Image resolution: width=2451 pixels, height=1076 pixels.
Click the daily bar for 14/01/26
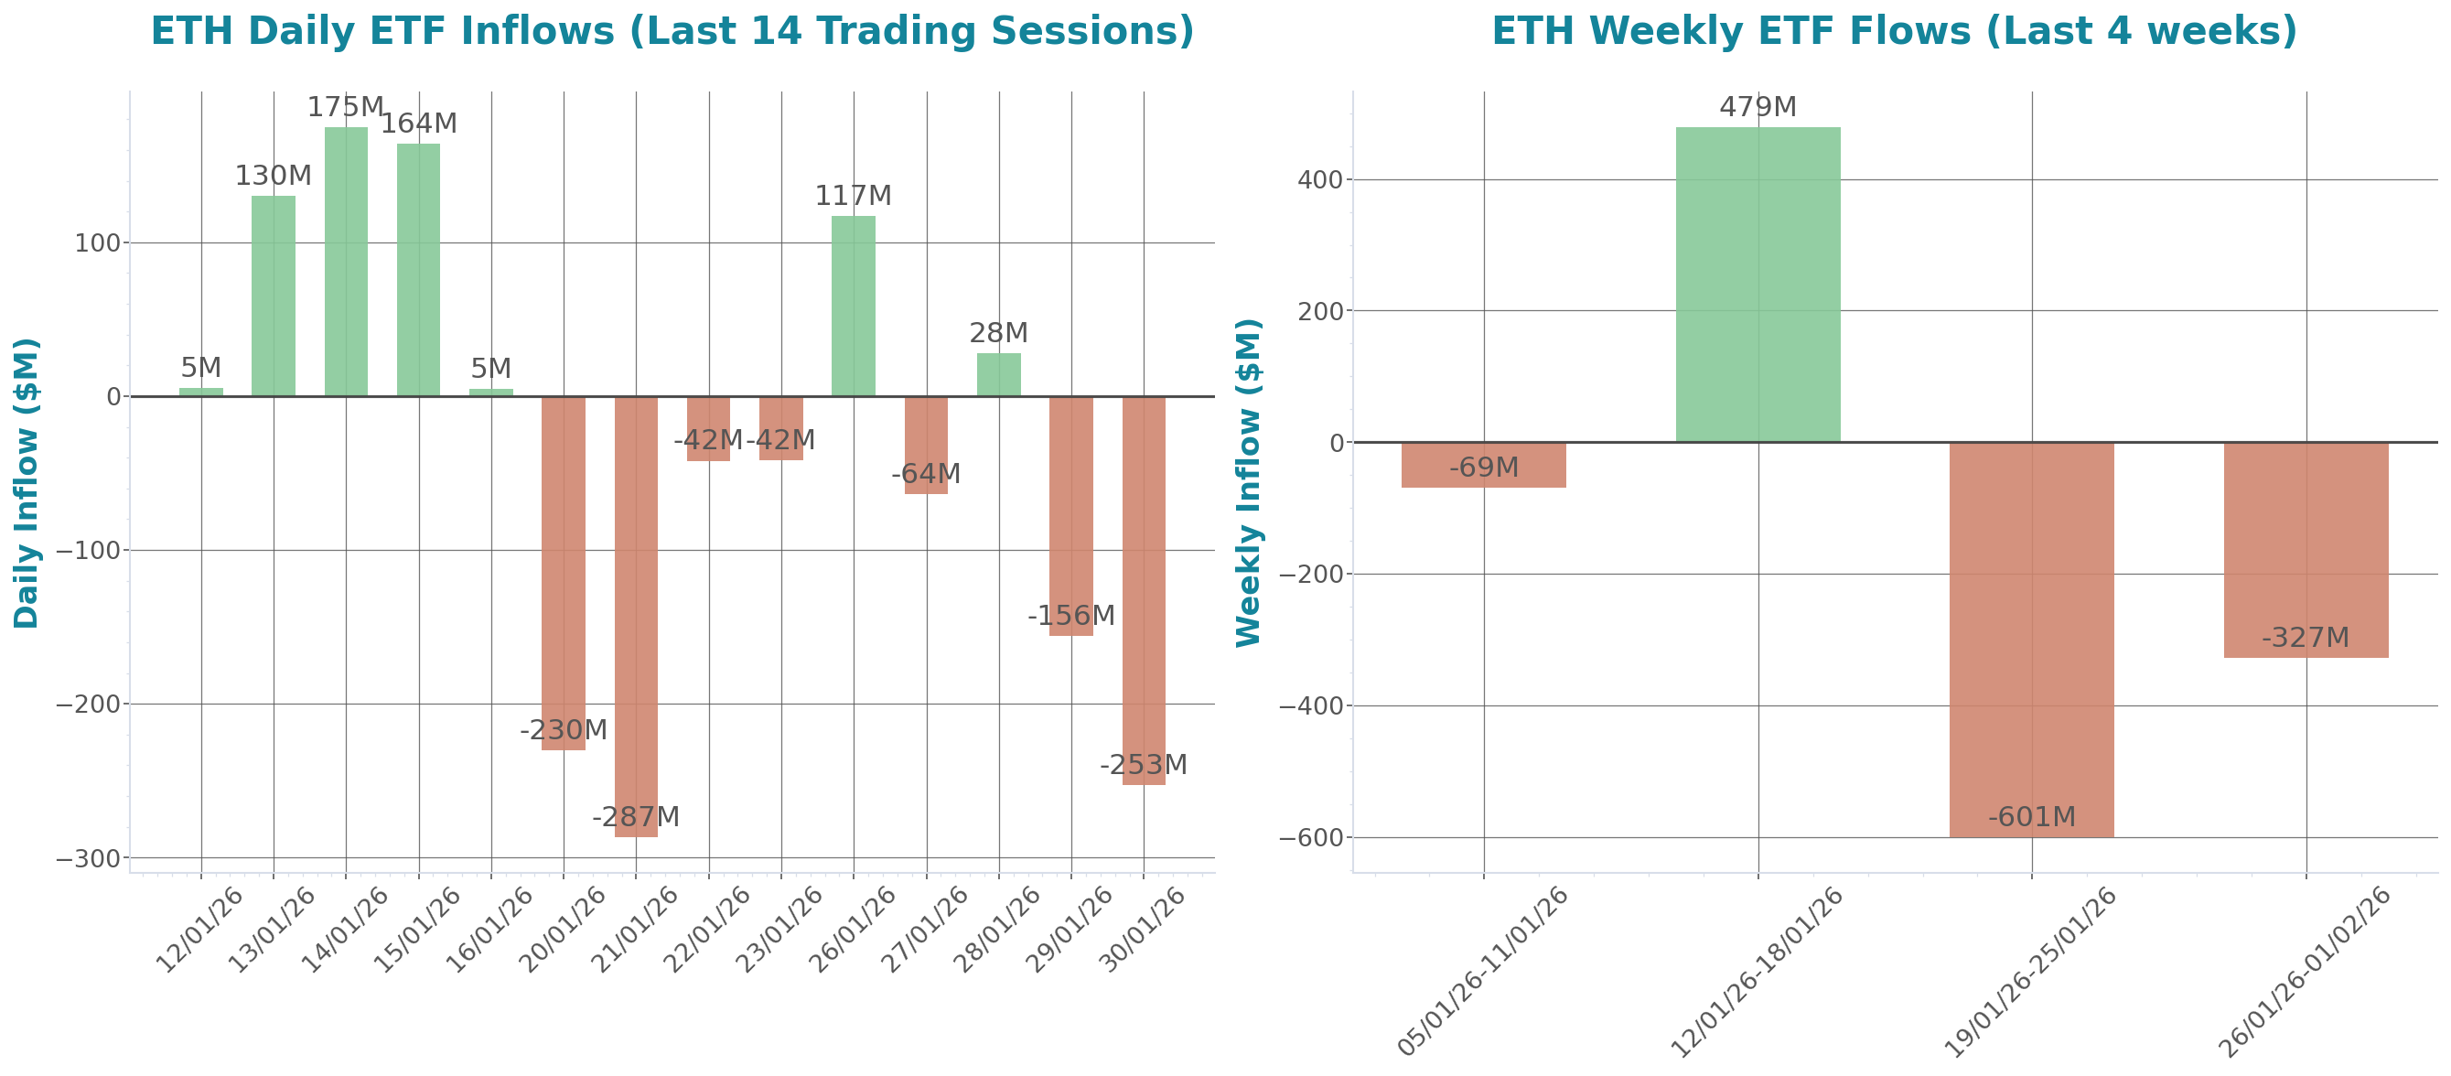[346, 262]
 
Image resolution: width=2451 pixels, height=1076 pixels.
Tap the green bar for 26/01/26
[854, 306]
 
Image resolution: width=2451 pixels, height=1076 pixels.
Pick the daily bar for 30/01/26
[1144, 590]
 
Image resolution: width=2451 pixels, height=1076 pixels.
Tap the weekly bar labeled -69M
[1483, 465]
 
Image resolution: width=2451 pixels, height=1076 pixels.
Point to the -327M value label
[2305, 638]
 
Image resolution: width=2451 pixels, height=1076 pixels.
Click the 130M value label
[273, 176]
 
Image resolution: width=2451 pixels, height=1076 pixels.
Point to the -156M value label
[1070, 616]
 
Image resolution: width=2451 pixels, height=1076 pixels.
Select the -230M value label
[563, 731]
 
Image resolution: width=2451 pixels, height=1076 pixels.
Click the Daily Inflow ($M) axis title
[26, 482]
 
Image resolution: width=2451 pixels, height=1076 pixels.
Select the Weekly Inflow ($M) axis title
[1247, 482]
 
